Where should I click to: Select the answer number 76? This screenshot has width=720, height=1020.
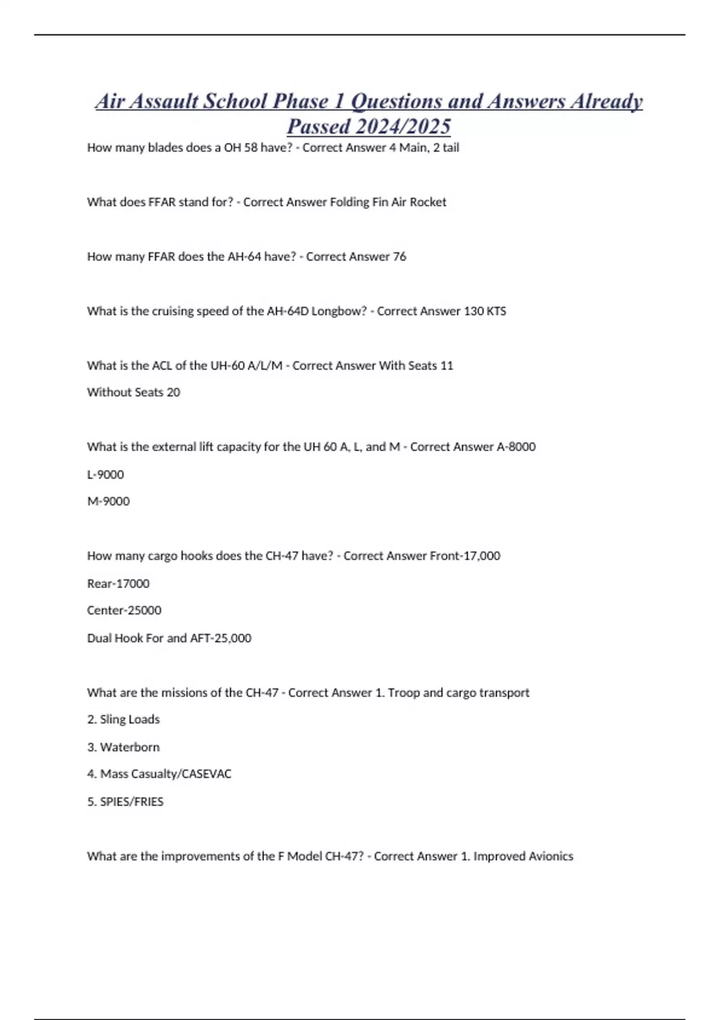coord(399,257)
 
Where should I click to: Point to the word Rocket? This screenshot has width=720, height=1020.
coord(428,202)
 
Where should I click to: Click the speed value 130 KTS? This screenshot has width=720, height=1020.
coord(485,311)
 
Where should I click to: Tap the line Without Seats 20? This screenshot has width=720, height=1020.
coord(133,392)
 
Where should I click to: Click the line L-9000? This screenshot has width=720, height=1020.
coord(106,475)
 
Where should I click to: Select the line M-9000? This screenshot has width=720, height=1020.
coord(108,502)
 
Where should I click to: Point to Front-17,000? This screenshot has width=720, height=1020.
coord(465,556)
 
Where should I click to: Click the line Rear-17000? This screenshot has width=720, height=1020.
coord(118,584)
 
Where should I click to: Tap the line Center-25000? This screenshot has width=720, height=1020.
coord(124,611)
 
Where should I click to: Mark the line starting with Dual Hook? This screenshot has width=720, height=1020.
coord(169,638)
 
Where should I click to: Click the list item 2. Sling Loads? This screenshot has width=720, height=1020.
coord(124,719)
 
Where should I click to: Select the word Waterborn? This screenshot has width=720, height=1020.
coord(130,748)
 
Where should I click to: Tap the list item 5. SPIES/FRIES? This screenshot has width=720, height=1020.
coord(125,802)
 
